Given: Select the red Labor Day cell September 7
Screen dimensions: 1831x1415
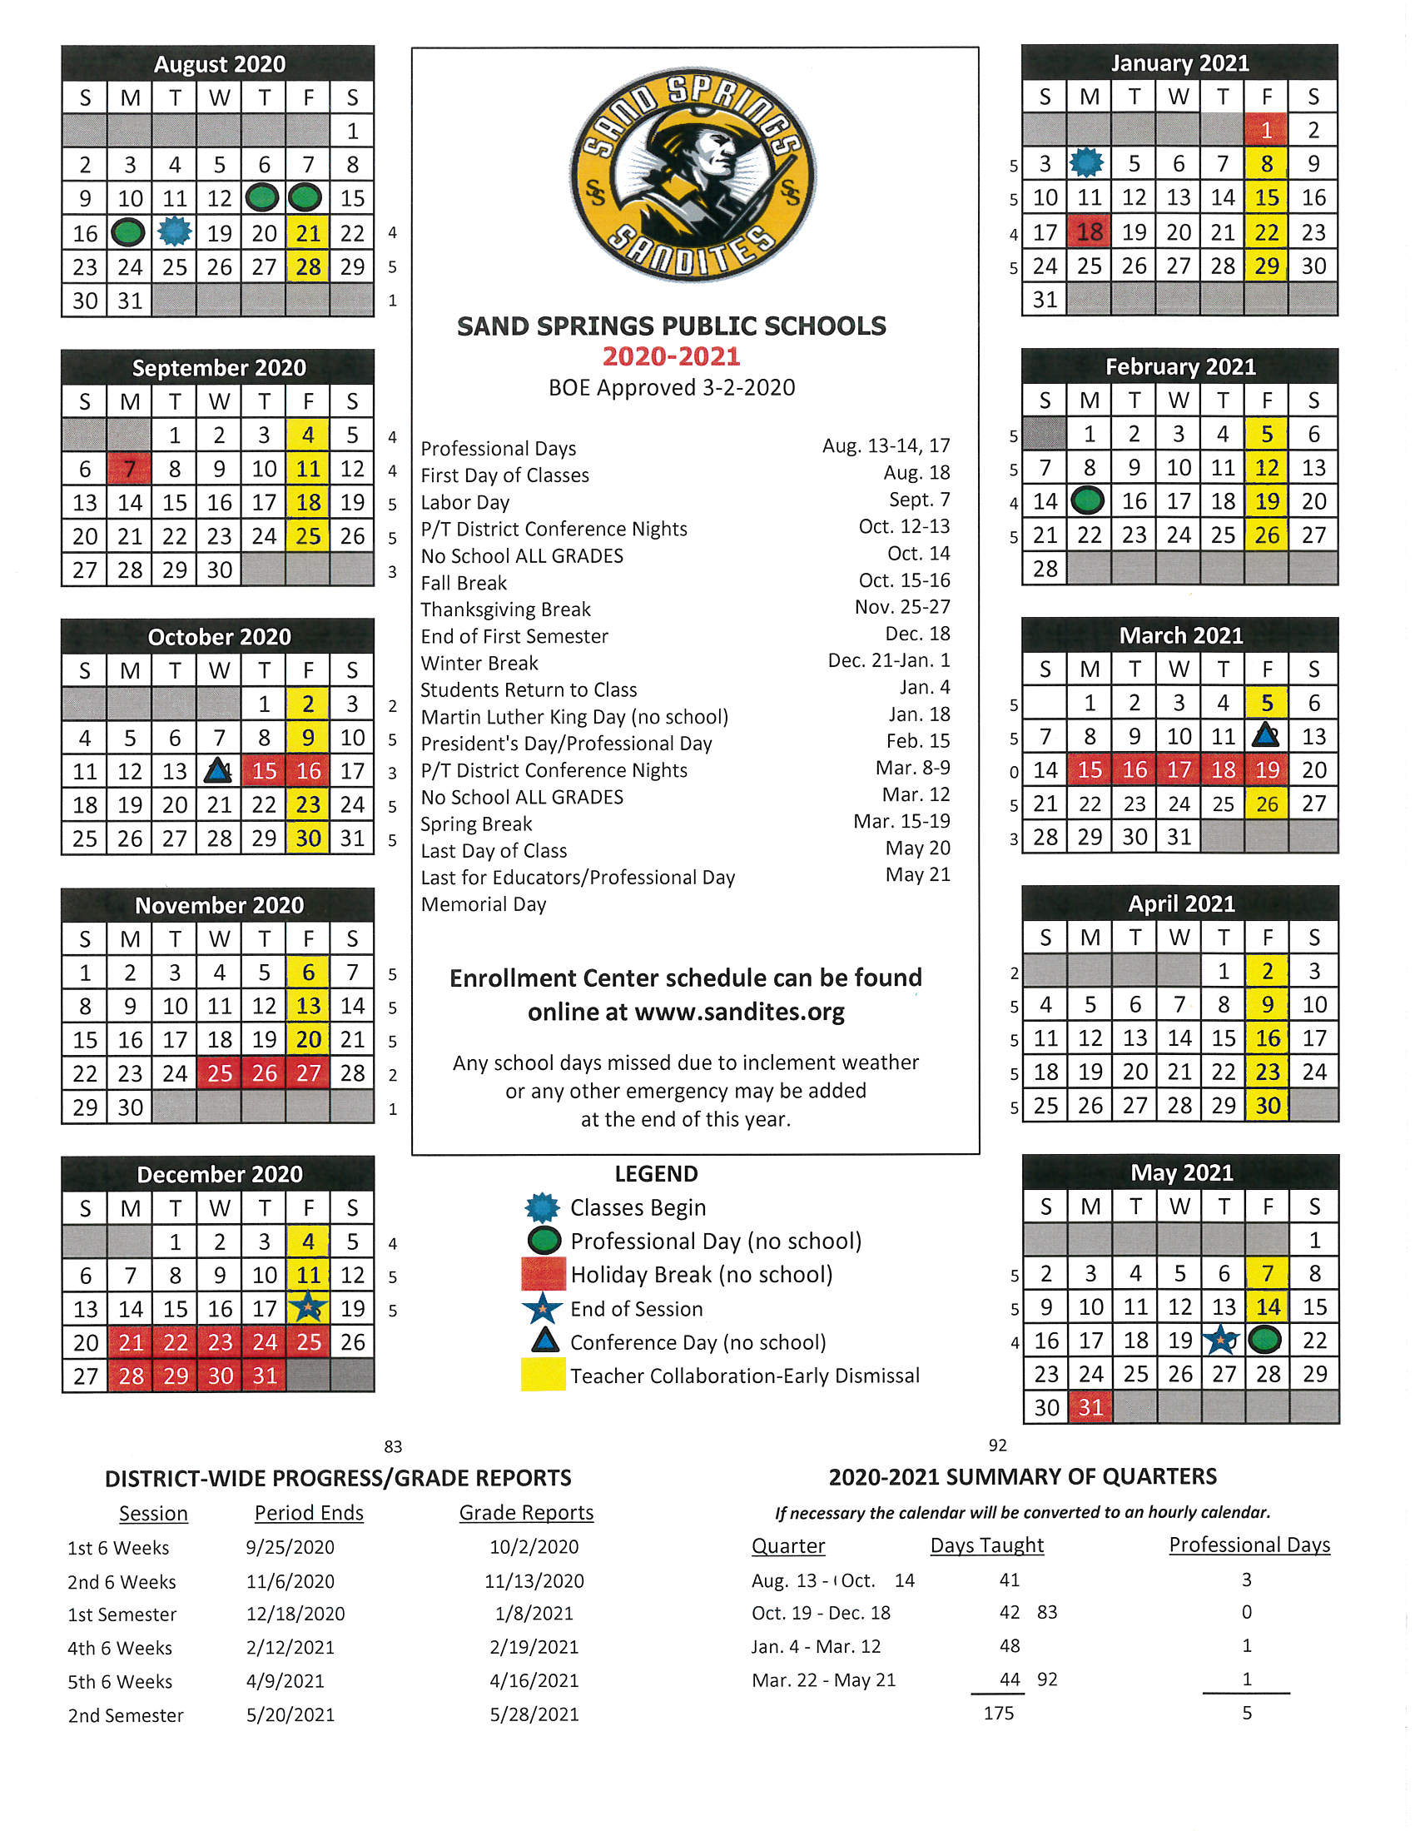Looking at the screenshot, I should coord(129,469).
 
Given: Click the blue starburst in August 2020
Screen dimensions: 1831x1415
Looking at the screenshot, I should coord(174,231).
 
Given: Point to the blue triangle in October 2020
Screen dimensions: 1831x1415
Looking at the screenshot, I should coord(218,770).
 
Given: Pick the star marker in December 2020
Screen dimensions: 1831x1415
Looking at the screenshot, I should coord(309,1307).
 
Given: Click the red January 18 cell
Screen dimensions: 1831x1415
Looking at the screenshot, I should coord(1089,231).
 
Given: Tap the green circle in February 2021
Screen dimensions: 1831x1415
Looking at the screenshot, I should coord(1088,501).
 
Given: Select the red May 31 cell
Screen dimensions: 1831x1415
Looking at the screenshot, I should coord(1090,1407).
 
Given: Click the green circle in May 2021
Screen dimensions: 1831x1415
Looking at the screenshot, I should coord(1265,1340).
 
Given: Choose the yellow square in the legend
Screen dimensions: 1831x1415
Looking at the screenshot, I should coord(543,1375).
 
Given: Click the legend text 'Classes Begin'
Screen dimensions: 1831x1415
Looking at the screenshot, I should coord(638,1207).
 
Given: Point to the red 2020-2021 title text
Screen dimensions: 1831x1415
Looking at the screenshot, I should coord(672,356).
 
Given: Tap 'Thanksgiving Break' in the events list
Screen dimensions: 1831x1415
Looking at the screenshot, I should coord(505,610).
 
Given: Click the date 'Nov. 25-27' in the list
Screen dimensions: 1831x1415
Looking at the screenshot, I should coord(902,607).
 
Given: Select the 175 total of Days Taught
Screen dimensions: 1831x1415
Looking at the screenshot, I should coord(998,1713).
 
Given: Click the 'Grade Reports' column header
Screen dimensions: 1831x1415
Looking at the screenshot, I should coord(526,1512).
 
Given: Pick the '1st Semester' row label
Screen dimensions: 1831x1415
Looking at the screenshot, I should coord(122,1614).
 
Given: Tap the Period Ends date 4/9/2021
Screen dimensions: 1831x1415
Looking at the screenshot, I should coord(290,1681).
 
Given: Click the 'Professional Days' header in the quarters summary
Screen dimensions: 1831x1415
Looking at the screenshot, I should coord(1249,1545).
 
